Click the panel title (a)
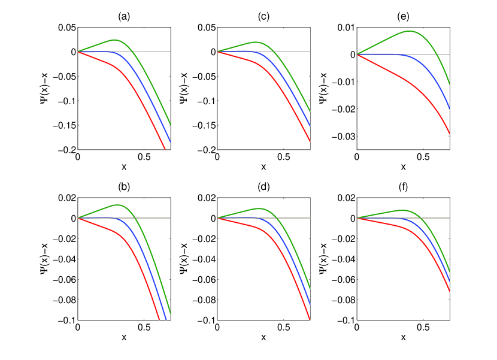coord(124,17)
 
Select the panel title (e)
coord(403,17)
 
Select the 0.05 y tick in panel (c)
coord(205,28)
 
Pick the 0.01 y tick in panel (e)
coord(345,28)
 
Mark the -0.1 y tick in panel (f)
coord(344,320)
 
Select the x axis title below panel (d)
coord(263,338)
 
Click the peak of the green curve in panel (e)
coord(410,31)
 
